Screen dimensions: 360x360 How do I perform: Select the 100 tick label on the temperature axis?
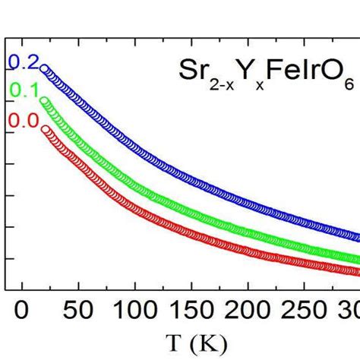(134, 311)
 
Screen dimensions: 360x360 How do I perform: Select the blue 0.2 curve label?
(21, 62)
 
